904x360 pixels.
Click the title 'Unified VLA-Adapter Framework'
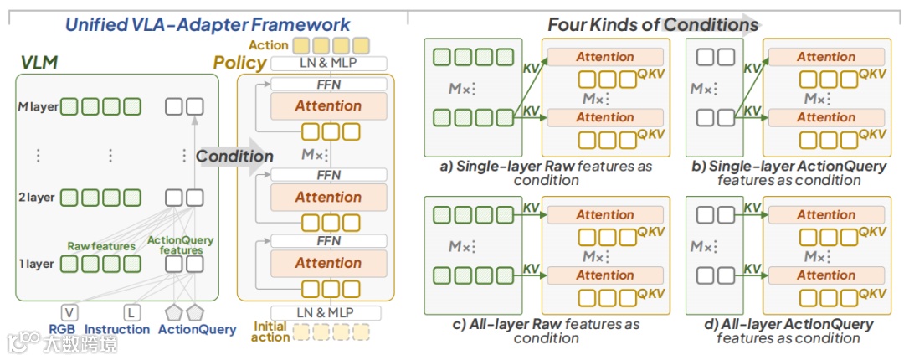(208, 25)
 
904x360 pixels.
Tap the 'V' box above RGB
(69, 312)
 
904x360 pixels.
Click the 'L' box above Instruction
(131, 312)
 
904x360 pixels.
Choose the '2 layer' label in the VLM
(36, 198)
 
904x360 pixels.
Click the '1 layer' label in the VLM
(35, 264)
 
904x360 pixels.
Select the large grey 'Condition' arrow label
(234, 156)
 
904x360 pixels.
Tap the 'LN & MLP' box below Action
(327, 63)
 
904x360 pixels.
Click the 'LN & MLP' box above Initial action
(326, 312)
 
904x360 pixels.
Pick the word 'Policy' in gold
(240, 63)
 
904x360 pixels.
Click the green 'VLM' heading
(39, 62)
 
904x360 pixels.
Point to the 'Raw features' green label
(101, 246)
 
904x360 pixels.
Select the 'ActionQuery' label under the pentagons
(198, 329)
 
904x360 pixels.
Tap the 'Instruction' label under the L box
(117, 329)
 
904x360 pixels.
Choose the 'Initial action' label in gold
(270, 332)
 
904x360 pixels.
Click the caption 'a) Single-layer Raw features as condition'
(546, 173)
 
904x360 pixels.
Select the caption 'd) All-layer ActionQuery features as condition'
(788, 331)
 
